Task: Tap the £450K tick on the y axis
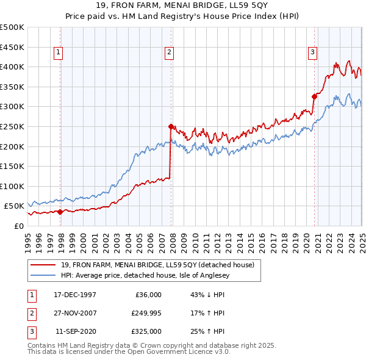coord(12,47)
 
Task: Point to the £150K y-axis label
coord(12,166)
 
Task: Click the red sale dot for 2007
coord(171,126)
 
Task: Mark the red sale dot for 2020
coord(315,96)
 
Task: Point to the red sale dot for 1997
coord(60,212)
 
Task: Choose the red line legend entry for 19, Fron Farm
coord(161,265)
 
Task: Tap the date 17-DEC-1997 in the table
coord(75,295)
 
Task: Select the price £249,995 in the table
coord(146,313)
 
